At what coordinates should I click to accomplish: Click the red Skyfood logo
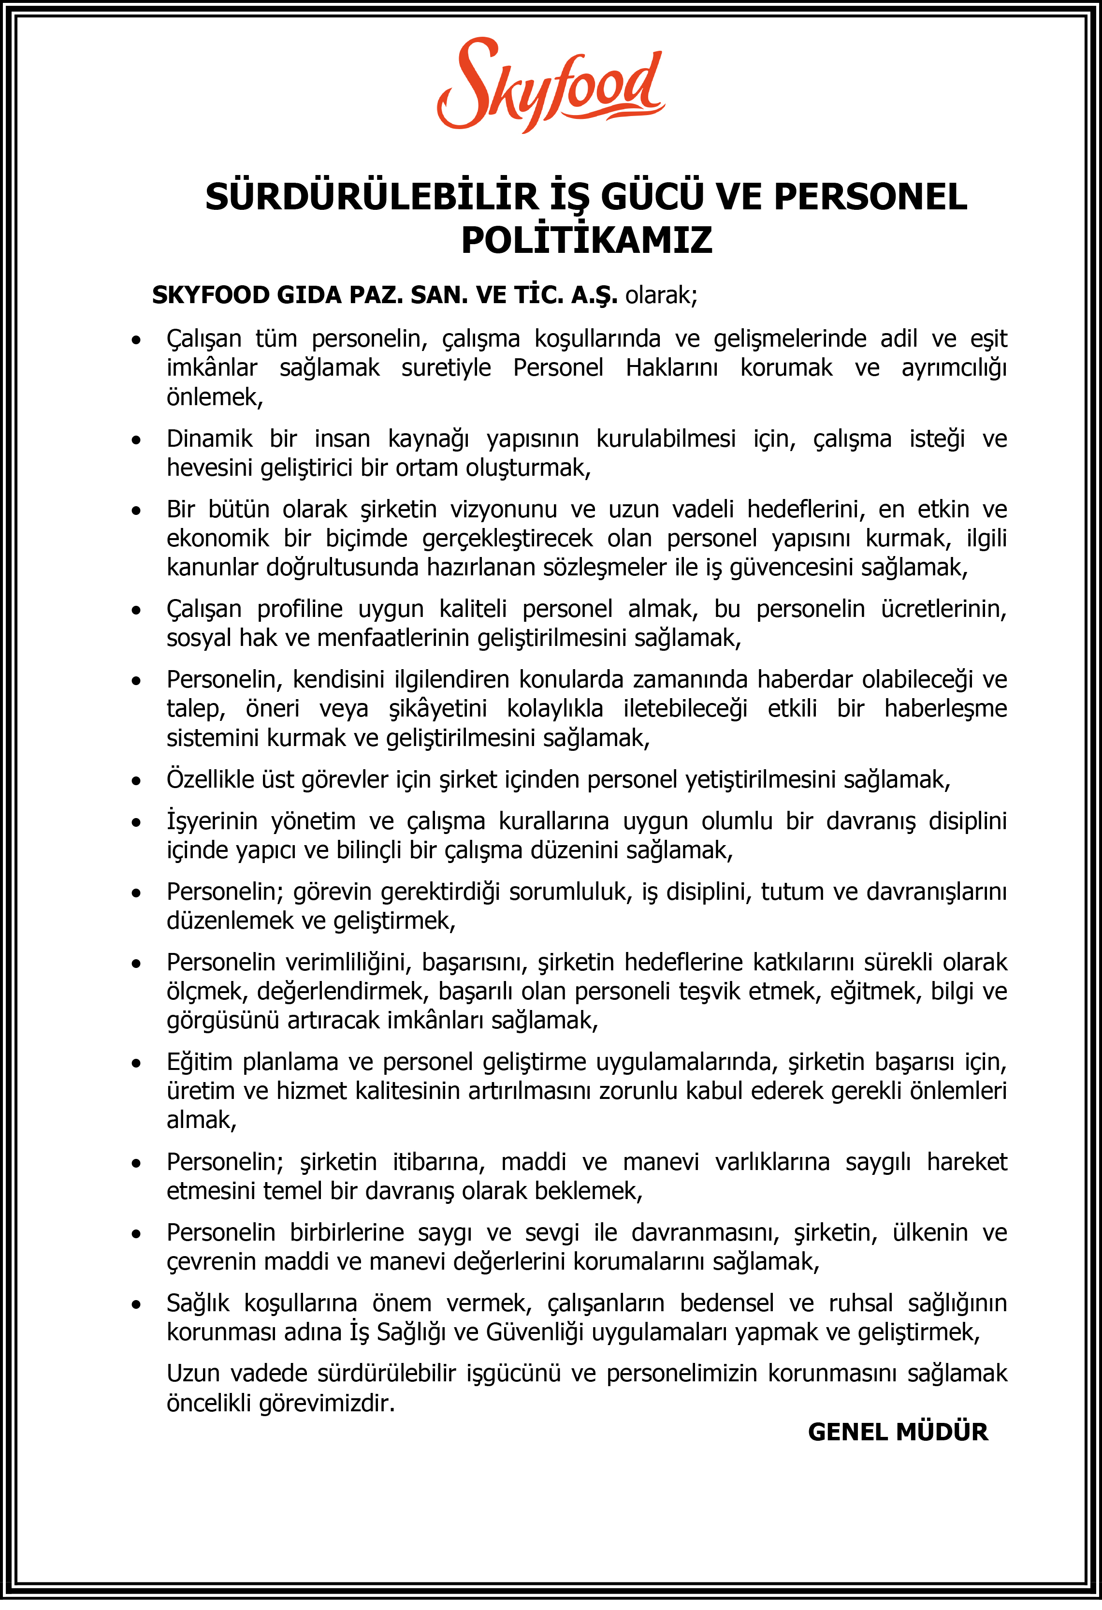pos(551,85)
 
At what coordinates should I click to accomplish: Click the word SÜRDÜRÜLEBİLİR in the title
pos(371,197)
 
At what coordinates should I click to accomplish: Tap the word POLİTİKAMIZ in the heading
pos(587,240)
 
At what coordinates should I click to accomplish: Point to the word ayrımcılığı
pos(954,368)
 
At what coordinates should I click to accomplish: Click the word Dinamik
pos(209,439)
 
